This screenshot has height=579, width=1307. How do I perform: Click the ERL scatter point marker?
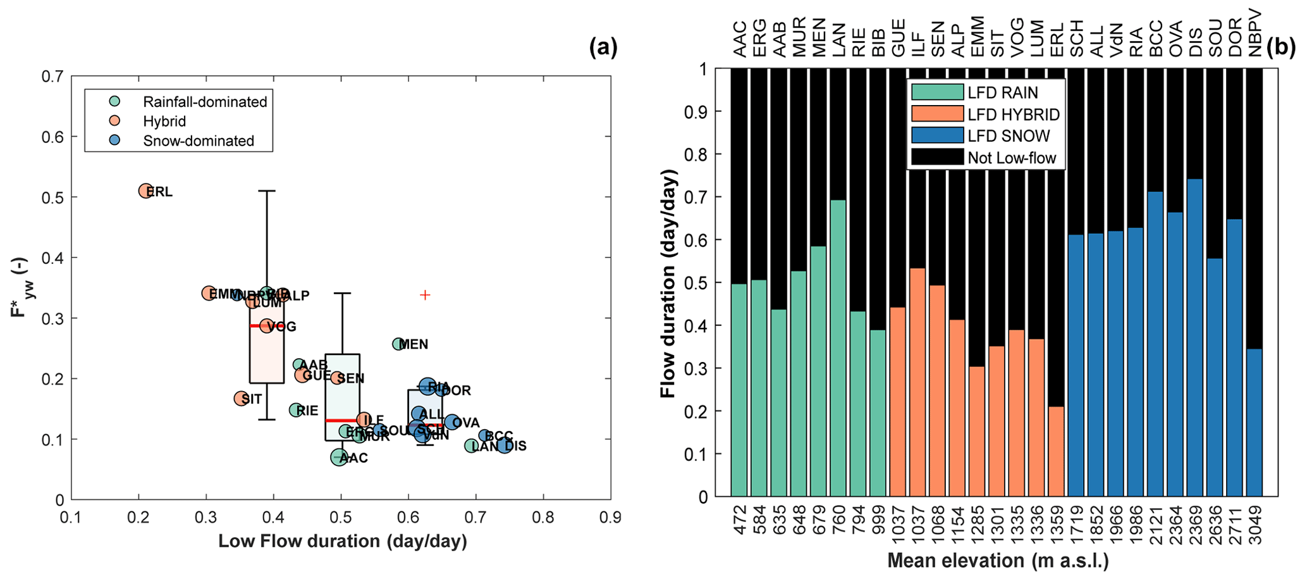coord(145,190)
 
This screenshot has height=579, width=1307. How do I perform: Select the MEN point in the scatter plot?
coord(398,344)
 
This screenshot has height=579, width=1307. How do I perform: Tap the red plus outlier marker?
coord(425,295)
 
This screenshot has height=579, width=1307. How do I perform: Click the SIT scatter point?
coord(240,398)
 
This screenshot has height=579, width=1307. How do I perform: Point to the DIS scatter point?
coord(504,445)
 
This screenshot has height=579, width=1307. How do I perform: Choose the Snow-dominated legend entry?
coord(198,140)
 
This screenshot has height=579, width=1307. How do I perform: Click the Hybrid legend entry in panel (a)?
coord(164,121)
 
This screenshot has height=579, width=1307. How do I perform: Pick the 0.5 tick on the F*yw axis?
coord(55,197)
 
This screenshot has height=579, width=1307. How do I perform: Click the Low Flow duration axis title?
coord(342,542)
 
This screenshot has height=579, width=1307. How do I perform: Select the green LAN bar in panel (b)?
coord(838,348)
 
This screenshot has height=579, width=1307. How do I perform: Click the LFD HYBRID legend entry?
coord(1013,115)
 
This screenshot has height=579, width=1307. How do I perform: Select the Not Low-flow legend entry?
coord(1012,158)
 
